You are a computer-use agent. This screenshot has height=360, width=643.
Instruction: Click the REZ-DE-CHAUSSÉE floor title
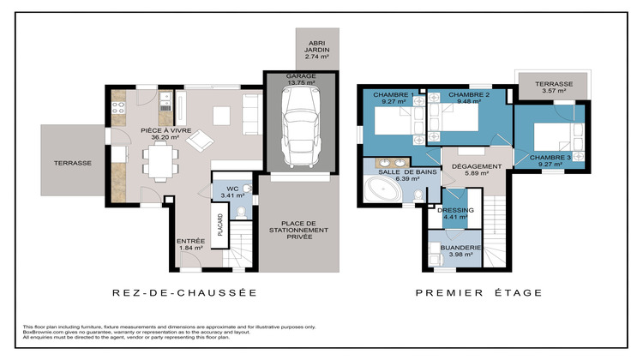183,293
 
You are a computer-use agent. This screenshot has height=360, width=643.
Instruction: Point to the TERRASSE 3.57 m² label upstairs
553,87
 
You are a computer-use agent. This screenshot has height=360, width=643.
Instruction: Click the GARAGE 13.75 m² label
301,80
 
